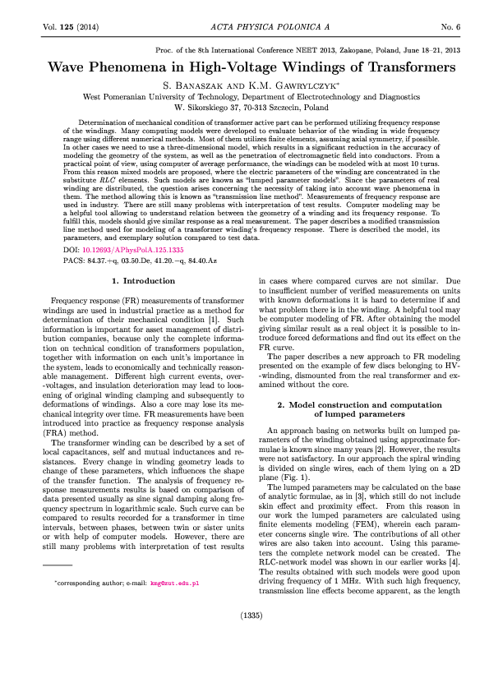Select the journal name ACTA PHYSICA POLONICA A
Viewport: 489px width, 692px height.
[x=244, y=27]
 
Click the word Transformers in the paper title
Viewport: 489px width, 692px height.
[x=395, y=68]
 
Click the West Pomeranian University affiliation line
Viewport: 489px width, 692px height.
[x=244, y=96]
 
